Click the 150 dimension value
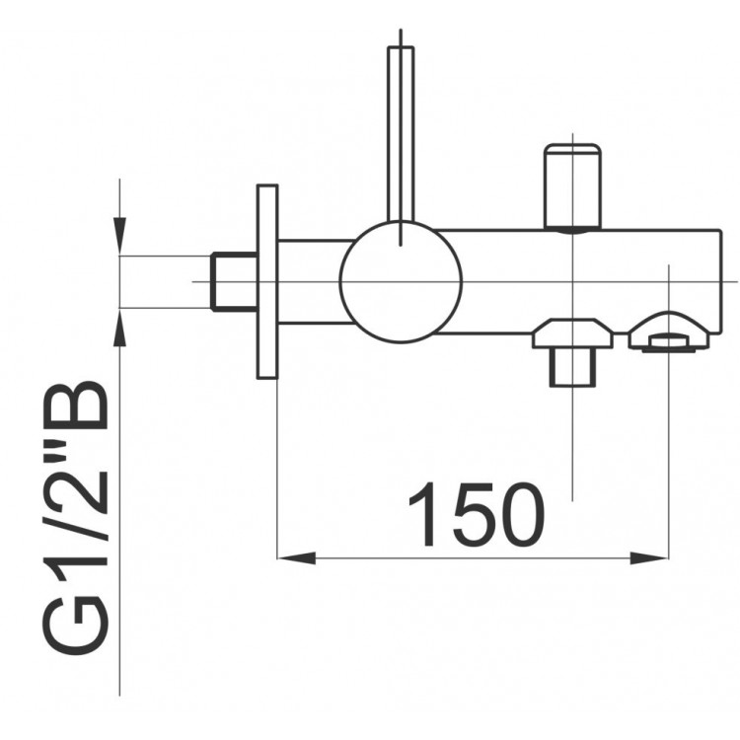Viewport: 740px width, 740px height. [478, 514]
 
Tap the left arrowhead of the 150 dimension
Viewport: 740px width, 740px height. [296, 558]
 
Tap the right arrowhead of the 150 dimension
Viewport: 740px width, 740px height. [649, 558]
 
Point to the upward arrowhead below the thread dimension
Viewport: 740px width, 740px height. [119, 328]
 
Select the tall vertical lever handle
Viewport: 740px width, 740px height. [401, 134]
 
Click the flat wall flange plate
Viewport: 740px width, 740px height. [267, 282]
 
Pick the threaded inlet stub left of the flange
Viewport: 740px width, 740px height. [234, 282]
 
